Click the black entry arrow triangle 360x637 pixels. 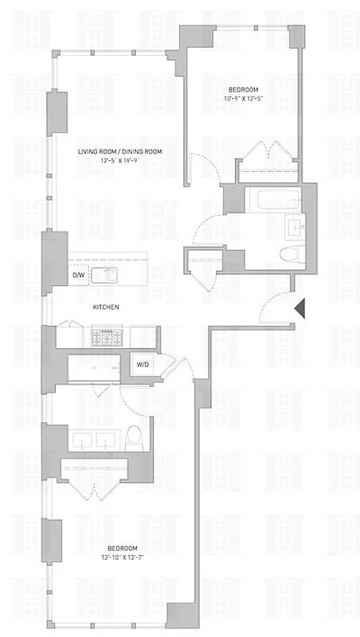(x=299, y=309)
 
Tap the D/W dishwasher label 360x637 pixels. (x=78, y=276)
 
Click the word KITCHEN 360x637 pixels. (x=106, y=307)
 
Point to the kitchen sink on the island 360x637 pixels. (x=104, y=276)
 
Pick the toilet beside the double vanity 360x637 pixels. (x=135, y=436)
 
